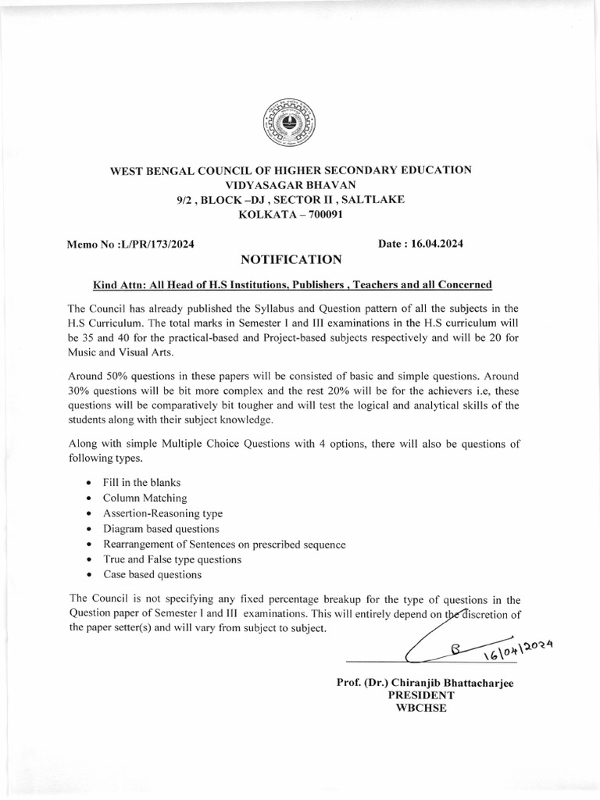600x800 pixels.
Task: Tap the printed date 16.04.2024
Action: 434,244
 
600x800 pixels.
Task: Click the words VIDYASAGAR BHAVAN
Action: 290,184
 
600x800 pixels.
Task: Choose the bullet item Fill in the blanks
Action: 142,483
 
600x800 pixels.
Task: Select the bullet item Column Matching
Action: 145,498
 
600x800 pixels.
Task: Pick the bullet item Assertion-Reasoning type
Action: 162,513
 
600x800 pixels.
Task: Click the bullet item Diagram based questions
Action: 159,528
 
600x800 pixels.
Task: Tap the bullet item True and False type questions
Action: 172,559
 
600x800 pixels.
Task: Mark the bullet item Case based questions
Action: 152,574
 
